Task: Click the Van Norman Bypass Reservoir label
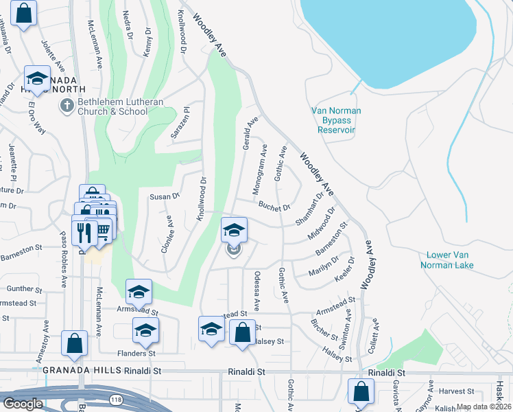click(x=337, y=120)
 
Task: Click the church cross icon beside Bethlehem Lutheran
click(x=67, y=106)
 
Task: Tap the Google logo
click(x=23, y=404)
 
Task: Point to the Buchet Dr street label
click(x=274, y=205)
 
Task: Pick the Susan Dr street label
click(x=164, y=196)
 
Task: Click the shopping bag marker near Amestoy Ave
click(x=74, y=343)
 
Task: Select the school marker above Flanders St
click(x=145, y=331)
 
